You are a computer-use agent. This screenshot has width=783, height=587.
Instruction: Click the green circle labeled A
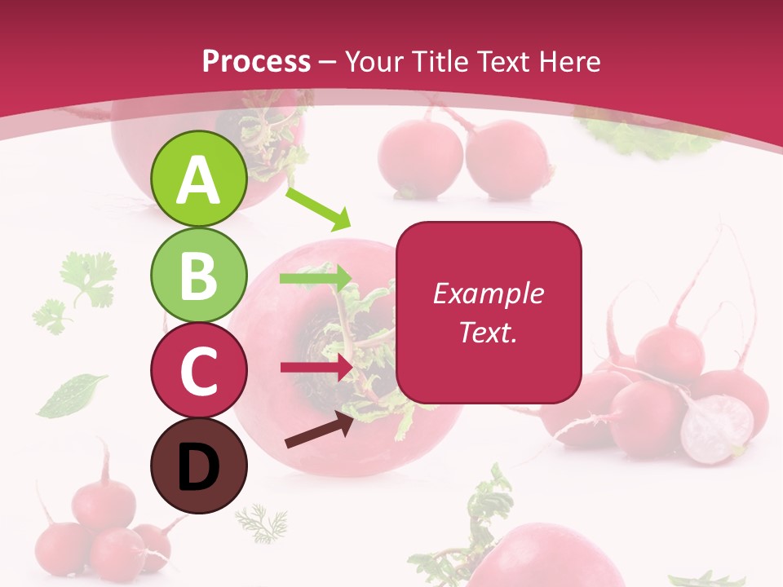[198, 179]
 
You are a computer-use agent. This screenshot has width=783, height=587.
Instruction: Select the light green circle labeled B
[198, 275]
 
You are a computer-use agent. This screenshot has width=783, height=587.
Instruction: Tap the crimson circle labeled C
[198, 370]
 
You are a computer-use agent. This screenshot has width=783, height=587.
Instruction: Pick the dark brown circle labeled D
[198, 466]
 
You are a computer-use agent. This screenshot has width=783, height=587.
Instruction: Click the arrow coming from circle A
[318, 209]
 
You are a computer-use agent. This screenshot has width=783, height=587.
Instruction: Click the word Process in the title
[256, 61]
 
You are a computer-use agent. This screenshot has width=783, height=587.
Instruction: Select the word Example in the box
[488, 293]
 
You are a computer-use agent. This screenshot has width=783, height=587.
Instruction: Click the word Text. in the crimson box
[488, 332]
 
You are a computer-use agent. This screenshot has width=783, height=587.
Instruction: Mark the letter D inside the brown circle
[198, 467]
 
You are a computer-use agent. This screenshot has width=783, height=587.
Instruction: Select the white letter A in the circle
[198, 180]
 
